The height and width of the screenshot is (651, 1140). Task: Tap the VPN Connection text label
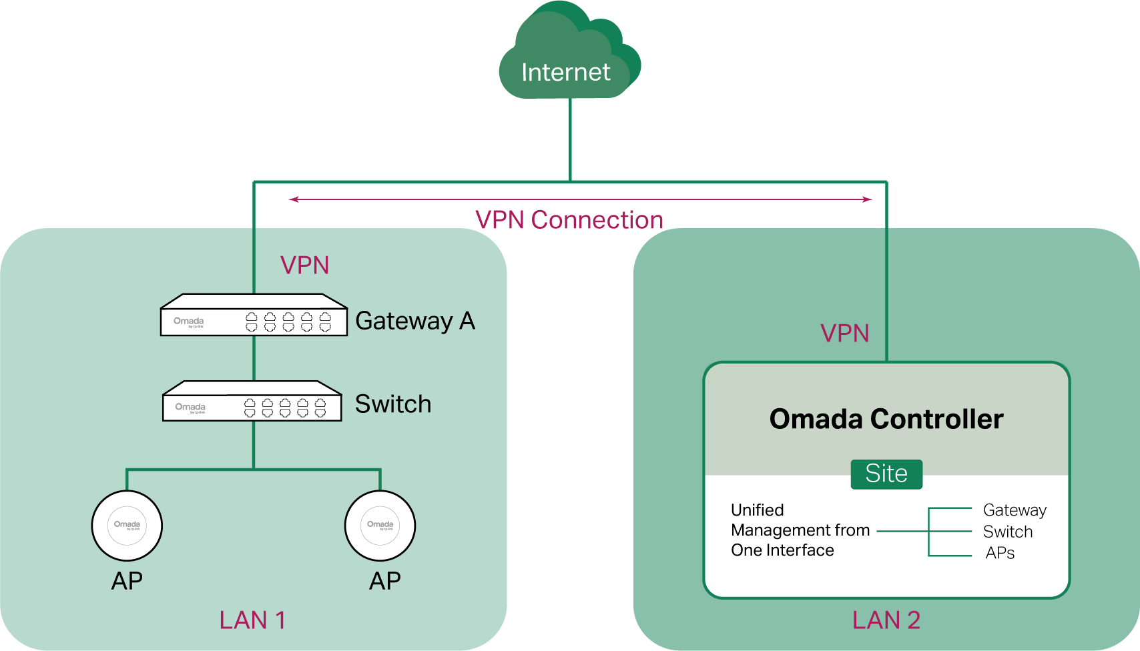[x=569, y=220]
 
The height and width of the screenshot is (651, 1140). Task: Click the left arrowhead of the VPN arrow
[x=293, y=199]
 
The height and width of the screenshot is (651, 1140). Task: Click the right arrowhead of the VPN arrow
[x=868, y=199]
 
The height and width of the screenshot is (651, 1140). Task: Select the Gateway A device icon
[x=254, y=315]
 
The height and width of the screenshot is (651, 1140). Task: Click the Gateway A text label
[x=415, y=321]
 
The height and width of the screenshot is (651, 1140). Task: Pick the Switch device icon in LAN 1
[x=252, y=402]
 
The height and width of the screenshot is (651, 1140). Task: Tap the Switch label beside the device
[x=392, y=404]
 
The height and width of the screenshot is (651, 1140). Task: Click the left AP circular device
[x=127, y=526]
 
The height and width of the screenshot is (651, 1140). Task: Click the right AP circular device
[x=380, y=526]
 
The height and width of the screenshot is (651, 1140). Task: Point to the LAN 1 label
[x=252, y=620]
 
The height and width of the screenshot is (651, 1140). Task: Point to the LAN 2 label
[x=886, y=620]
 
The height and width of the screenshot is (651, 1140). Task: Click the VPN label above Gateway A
[x=305, y=265]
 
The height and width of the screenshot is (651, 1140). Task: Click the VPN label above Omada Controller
[x=844, y=334]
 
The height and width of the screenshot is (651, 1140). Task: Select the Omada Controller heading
[x=886, y=419]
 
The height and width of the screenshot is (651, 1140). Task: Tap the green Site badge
[x=886, y=474]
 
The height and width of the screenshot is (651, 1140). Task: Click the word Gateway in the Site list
[x=1015, y=510]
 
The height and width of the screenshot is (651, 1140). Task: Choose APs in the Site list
[x=1000, y=553]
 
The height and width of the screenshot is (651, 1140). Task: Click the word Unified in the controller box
[x=757, y=510]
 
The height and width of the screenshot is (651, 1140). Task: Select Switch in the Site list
[x=1008, y=532]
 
